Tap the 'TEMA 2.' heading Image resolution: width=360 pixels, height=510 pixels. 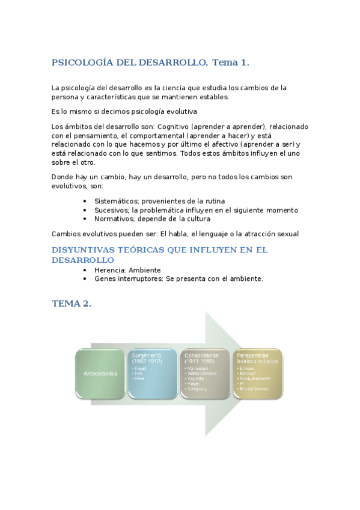(72, 304)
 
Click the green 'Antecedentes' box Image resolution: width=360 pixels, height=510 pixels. (100, 373)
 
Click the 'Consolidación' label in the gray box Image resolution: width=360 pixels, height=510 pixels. (202, 355)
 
